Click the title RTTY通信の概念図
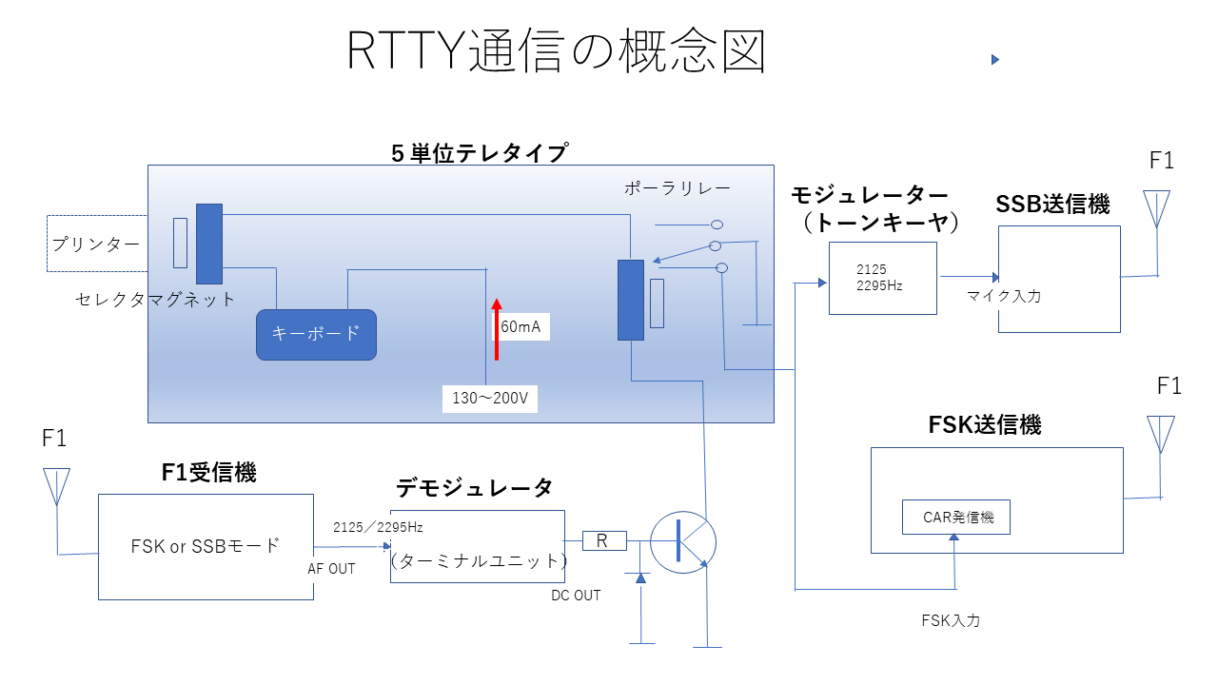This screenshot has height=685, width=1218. coord(557,51)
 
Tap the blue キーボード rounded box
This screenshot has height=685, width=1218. coord(316,334)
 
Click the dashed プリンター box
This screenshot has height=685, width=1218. coord(95,244)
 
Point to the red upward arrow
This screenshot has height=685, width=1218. coord(496,328)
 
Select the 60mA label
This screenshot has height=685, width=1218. coord(521,327)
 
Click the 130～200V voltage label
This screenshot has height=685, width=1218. coord(489,399)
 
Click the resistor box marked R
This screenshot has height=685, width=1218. coord(603,540)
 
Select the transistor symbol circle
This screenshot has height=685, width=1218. coord(682,540)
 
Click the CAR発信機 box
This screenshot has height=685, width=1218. coord(955,518)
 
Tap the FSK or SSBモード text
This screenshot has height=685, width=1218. coord(206,546)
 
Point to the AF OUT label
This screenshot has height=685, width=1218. coord(331,569)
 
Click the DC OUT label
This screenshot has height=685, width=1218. coord(576,596)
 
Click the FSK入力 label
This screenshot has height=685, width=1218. coord(951,620)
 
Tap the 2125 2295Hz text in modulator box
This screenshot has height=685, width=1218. coord(879,278)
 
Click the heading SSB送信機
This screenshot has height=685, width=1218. coord(1052,205)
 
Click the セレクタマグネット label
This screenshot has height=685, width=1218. coord(155,300)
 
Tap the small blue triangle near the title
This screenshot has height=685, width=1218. coord(994,60)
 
